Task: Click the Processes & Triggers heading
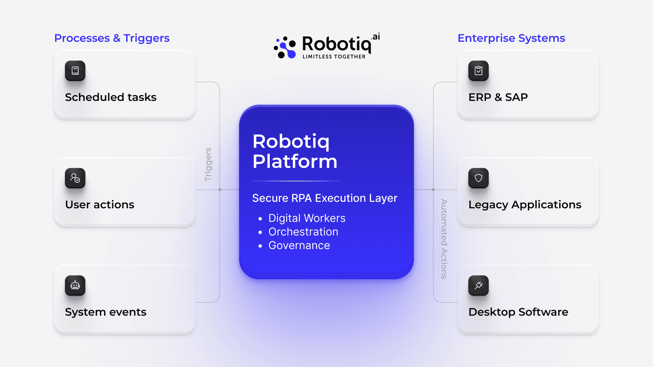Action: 112,38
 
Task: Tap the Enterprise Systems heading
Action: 511,38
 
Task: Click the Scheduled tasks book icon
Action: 75,71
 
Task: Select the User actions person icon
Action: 75,178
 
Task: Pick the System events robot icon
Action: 75,285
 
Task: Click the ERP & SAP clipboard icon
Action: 479,71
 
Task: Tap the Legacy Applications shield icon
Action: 479,178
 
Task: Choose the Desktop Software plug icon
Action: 479,285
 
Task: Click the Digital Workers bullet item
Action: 307,218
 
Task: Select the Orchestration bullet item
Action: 303,232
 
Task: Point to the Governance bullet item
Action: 299,245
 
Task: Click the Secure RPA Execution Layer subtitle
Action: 324,198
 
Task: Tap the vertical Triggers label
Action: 208,164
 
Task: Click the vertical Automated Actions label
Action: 444,239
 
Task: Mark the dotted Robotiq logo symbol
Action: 285,48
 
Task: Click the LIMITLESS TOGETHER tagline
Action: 334,57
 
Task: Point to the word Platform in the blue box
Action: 295,161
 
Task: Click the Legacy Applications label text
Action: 525,205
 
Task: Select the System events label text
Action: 105,312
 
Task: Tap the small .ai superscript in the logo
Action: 376,37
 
